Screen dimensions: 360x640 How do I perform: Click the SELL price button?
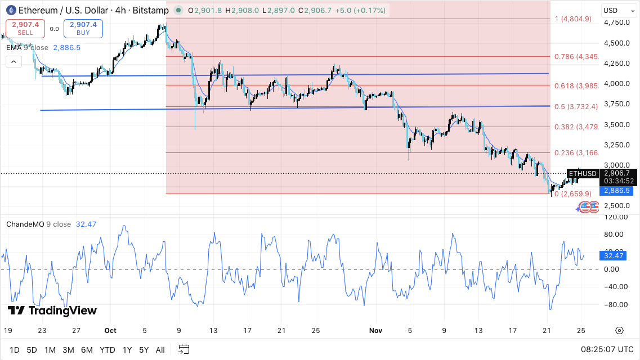(x=25, y=28)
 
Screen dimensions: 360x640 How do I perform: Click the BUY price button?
(x=83, y=28)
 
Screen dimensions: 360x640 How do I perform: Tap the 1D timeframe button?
(x=14, y=350)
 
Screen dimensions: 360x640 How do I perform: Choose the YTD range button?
(x=107, y=350)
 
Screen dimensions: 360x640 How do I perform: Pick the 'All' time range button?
(x=160, y=350)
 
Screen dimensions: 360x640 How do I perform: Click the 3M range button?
(x=68, y=350)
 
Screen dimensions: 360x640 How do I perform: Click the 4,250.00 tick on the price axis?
(x=616, y=64)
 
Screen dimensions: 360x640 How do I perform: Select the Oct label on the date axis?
(x=110, y=331)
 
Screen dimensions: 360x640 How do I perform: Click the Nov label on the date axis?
(x=375, y=331)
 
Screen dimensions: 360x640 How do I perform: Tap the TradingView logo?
(x=52, y=310)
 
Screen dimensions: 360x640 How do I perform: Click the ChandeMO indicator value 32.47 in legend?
(x=86, y=224)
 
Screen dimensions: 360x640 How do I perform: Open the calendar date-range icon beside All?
(x=184, y=349)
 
